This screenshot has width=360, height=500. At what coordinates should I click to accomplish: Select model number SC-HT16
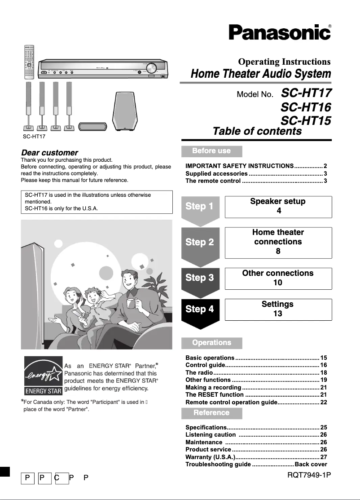(306, 107)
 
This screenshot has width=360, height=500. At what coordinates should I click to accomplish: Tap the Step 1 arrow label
(199, 207)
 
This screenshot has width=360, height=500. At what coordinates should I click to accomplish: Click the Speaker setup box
(278, 206)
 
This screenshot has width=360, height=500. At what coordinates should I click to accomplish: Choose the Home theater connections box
(278, 242)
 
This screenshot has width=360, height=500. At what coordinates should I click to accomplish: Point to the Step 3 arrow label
(199, 278)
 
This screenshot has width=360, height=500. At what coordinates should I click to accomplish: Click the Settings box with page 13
(278, 309)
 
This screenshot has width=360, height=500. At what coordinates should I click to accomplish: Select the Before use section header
(211, 151)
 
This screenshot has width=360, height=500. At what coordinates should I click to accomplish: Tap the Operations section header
(211, 343)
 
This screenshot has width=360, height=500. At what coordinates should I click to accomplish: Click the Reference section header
(211, 413)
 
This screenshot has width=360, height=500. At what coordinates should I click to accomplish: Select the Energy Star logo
(43, 374)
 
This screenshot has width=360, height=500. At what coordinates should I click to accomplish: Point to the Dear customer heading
(49, 153)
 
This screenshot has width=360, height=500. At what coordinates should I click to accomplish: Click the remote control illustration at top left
(29, 62)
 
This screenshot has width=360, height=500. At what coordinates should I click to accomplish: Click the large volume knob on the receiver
(151, 68)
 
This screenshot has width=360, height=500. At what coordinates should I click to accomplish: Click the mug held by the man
(131, 303)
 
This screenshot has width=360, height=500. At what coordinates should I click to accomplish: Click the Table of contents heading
(257, 131)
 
